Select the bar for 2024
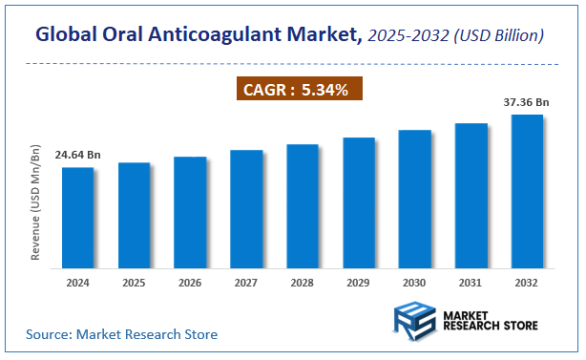pos(78,216)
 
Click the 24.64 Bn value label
pos(77,154)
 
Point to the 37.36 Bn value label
pos(527,101)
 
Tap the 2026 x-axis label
pos(190,284)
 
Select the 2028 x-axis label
pos(303,284)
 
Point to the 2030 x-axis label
pos(414,284)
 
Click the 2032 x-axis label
pos(527,284)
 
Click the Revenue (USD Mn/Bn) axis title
pos(35,203)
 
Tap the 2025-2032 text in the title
pos(410,35)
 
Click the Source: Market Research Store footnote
pos(121,334)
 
